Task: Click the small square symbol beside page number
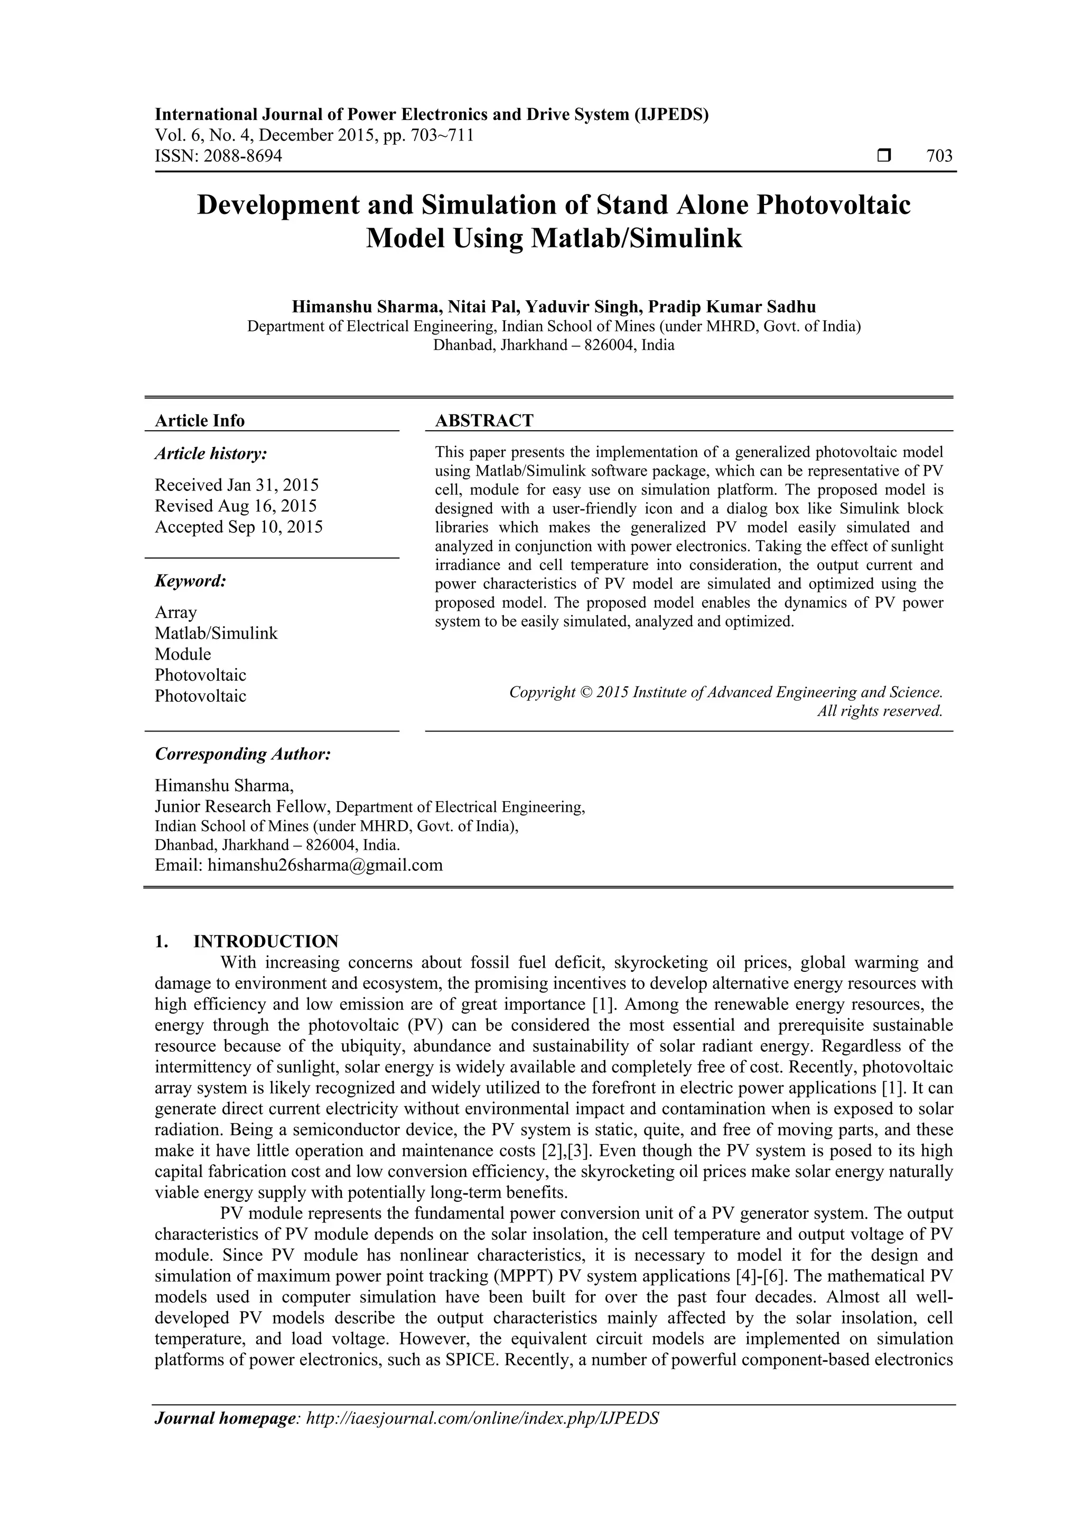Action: tap(884, 156)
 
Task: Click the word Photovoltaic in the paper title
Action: tap(833, 205)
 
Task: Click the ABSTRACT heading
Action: tap(484, 421)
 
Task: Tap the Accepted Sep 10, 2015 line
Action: tap(239, 527)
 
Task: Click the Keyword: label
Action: tap(191, 581)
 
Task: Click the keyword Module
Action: tap(183, 654)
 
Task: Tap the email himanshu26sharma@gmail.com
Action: tap(325, 866)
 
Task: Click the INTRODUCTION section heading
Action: tap(265, 942)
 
